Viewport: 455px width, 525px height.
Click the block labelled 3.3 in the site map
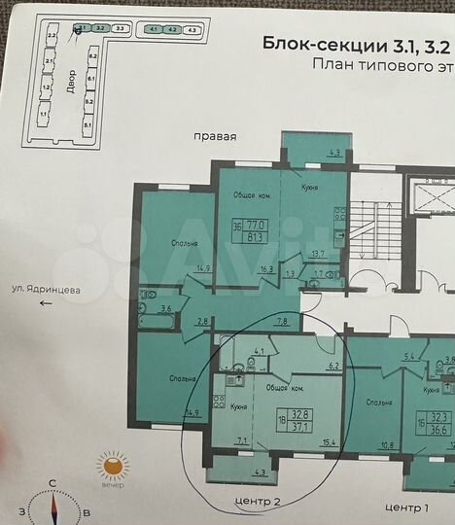121,29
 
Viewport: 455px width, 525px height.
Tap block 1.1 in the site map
44,114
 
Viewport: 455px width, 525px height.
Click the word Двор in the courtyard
68,80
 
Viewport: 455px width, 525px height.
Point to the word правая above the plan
214,137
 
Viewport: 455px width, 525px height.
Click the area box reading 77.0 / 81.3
257,228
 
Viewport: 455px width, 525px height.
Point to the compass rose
54,506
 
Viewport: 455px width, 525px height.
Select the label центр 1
406,507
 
